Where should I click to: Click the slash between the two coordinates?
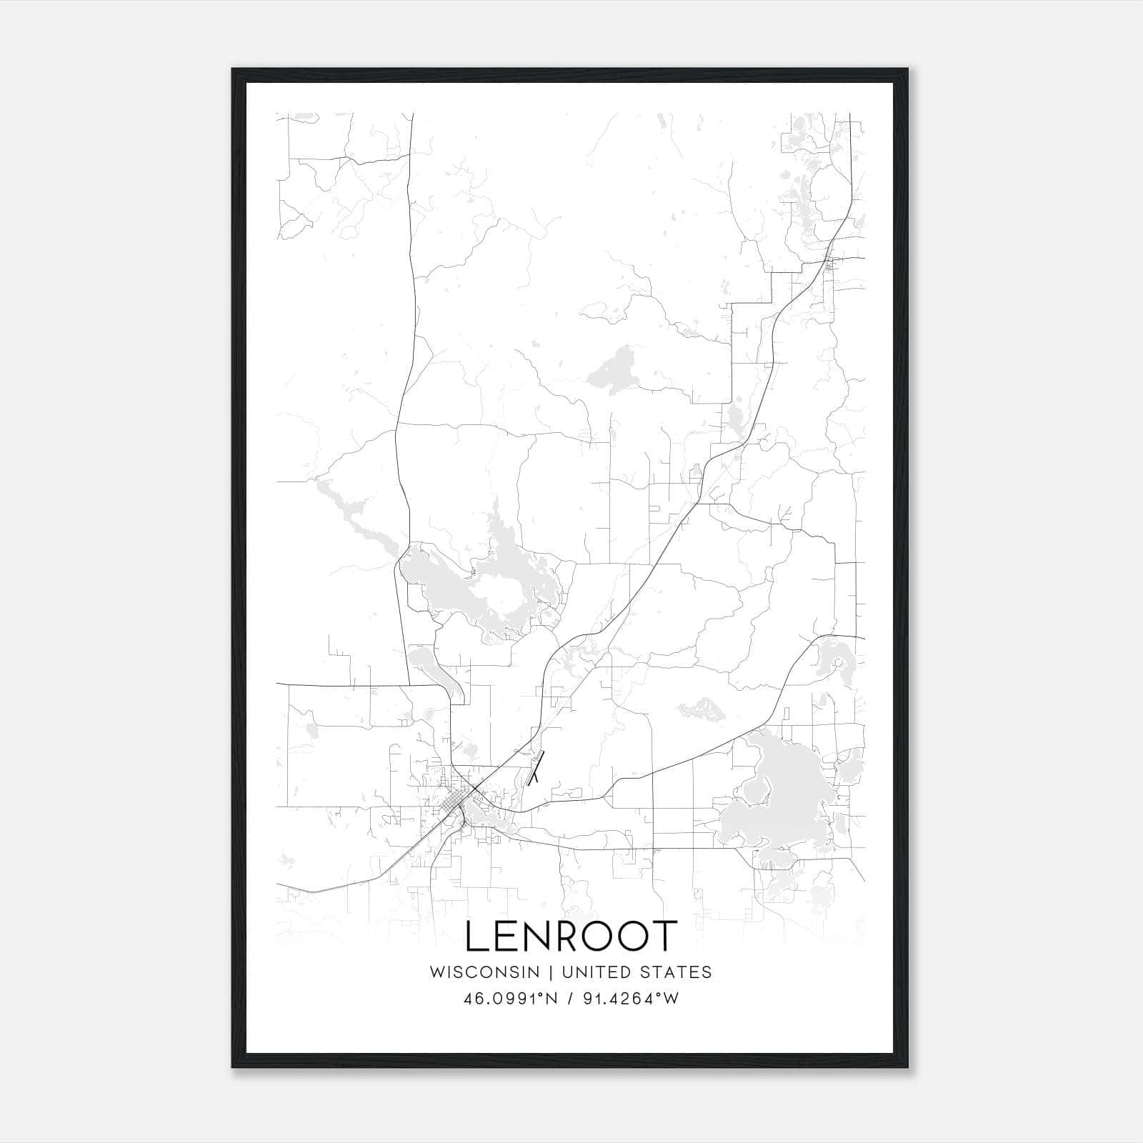(570, 998)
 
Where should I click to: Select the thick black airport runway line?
(536, 768)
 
